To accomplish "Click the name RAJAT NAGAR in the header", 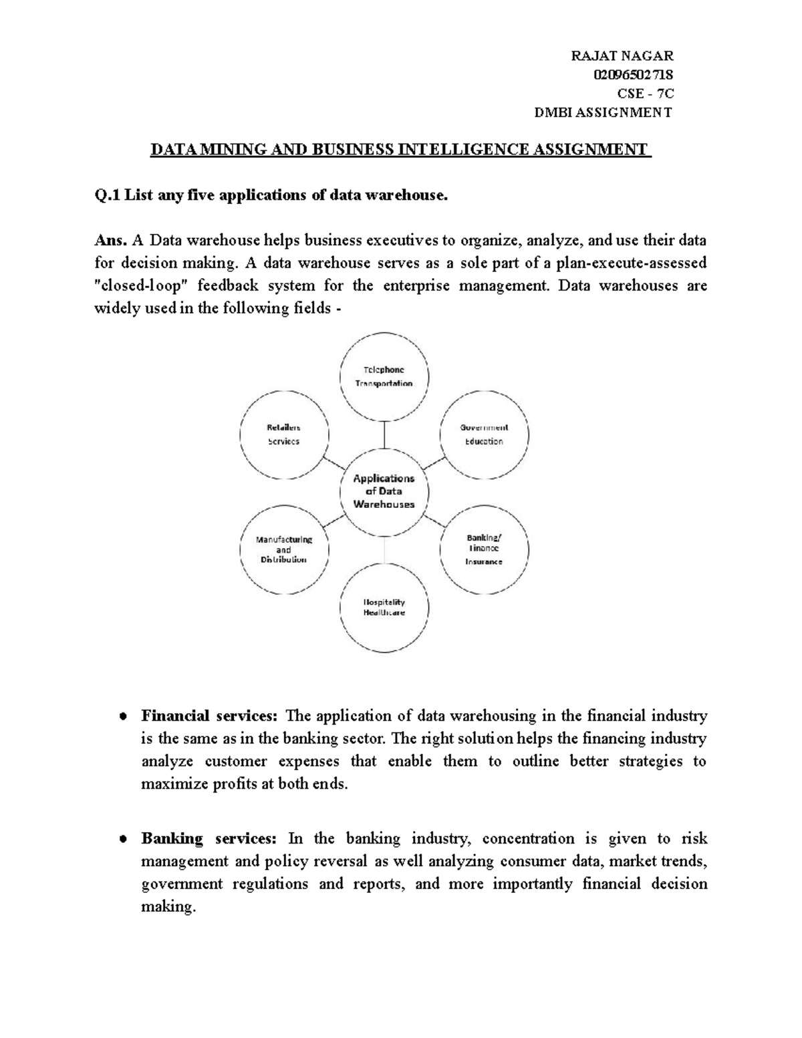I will [622, 55].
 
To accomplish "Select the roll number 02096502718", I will [633, 74].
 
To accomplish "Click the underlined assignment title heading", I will [400, 149].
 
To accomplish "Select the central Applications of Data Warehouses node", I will [384, 491].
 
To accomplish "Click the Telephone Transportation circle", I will [384, 377].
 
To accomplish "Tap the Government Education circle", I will [484, 434].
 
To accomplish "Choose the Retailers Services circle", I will [283, 434].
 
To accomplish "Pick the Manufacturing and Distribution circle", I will [283, 549].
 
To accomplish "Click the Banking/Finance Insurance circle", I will [484, 549].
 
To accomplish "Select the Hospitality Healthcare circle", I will [384, 606].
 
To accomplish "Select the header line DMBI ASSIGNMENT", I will [604, 112].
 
